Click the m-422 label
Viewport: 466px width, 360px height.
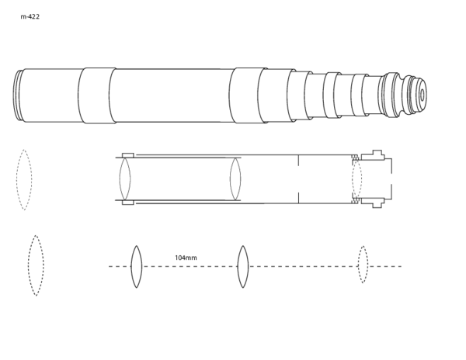click(x=30, y=16)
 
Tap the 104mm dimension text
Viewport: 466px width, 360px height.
click(x=186, y=258)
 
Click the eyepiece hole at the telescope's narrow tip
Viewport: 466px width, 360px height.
click(x=422, y=95)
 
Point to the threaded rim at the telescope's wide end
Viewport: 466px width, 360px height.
click(x=18, y=95)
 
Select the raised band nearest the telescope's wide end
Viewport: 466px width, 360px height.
click(x=97, y=95)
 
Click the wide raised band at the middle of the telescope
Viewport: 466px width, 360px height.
click(x=248, y=95)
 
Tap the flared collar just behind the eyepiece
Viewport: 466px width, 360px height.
click(x=391, y=95)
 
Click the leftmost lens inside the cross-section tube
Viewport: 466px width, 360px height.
click(x=125, y=178)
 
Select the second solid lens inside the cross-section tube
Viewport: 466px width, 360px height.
click(x=235, y=178)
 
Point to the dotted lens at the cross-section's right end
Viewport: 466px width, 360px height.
click(x=357, y=178)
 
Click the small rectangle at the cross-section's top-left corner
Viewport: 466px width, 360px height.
click(x=128, y=155)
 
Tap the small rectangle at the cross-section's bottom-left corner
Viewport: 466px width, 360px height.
click(x=128, y=202)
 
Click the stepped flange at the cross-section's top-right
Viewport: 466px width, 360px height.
click(x=373, y=155)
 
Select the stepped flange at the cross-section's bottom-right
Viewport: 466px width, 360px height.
click(x=373, y=202)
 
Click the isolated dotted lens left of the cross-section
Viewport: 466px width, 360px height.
click(x=24, y=180)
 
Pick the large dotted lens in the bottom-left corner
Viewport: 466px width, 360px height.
click(x=36, y=265)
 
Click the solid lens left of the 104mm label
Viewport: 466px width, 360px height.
click(x=137, y=267)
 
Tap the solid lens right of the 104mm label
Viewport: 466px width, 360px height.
click(x=243, y=267)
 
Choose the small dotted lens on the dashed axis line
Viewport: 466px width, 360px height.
click(x=363, y=265)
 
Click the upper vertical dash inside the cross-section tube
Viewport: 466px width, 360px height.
click(x=298, y=160)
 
